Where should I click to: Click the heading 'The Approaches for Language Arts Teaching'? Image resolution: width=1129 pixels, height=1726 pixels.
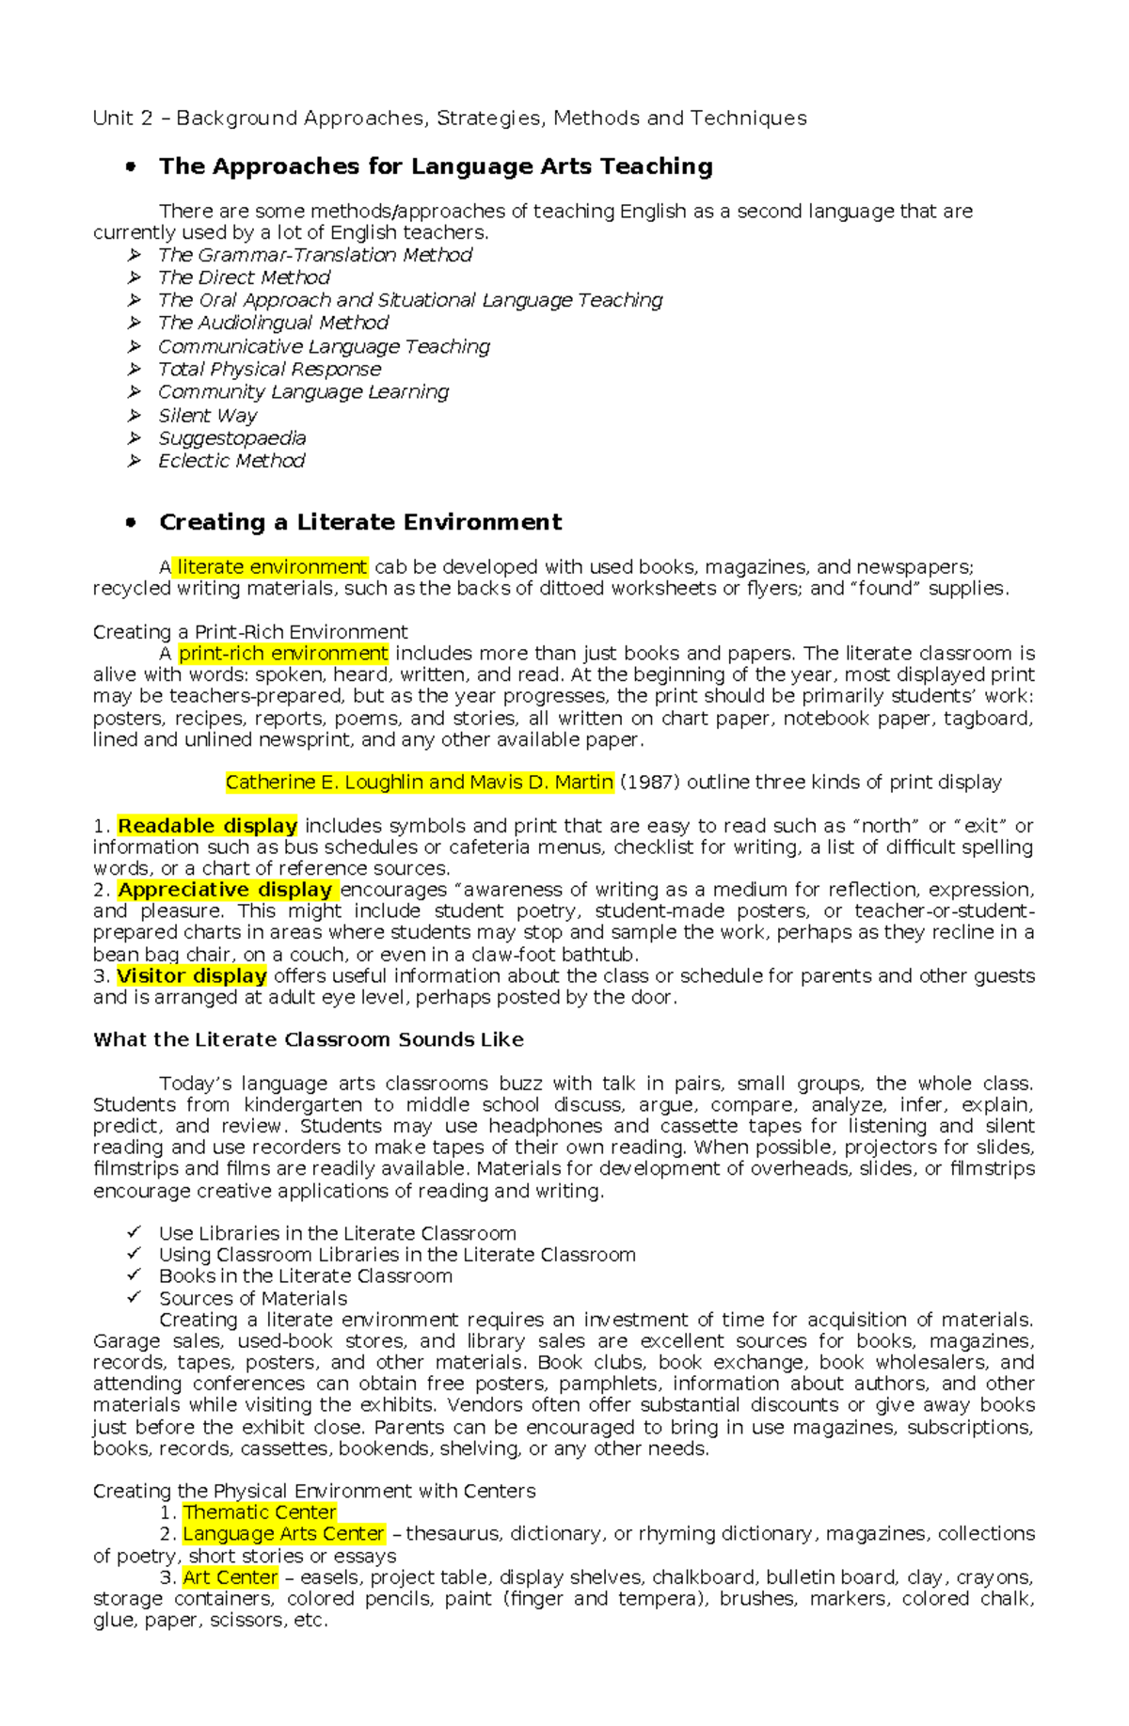[436, 166]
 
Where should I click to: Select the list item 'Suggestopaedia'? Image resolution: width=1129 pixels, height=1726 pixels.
[231, 438]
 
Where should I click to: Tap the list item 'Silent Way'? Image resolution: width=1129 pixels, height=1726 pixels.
[207, 416]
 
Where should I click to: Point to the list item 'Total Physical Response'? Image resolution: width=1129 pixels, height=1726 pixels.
[269, 370]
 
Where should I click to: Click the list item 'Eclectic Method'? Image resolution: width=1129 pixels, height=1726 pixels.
[231, 461]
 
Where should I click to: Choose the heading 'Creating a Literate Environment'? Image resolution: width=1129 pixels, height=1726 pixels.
[360, 522]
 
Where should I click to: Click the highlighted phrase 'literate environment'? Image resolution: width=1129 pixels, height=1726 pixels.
[272, 567]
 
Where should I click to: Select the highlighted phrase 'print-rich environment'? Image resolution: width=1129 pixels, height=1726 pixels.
[283, 654]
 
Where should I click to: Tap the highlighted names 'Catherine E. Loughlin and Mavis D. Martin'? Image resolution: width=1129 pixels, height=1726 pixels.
[420, 783]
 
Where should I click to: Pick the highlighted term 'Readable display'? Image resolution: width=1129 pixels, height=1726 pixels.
[207, 826]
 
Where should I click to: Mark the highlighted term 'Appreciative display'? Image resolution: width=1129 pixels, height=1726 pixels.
[225, 890]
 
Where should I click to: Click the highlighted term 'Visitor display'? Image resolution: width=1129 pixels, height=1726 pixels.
[192, 976]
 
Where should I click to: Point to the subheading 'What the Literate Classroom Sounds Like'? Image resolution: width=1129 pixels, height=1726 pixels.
[308, 1040]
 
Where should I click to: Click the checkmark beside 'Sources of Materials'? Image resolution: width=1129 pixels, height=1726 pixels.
[135, 1297]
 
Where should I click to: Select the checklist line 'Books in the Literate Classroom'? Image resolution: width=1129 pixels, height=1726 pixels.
[305, 1276]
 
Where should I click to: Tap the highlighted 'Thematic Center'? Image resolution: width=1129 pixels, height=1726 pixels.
[260, 1512]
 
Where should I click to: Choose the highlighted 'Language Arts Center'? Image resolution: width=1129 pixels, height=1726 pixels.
[283, 1534]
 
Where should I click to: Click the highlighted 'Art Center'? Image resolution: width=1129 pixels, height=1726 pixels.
[231, 1577]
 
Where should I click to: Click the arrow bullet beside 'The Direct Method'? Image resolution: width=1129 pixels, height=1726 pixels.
[135, 277]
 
